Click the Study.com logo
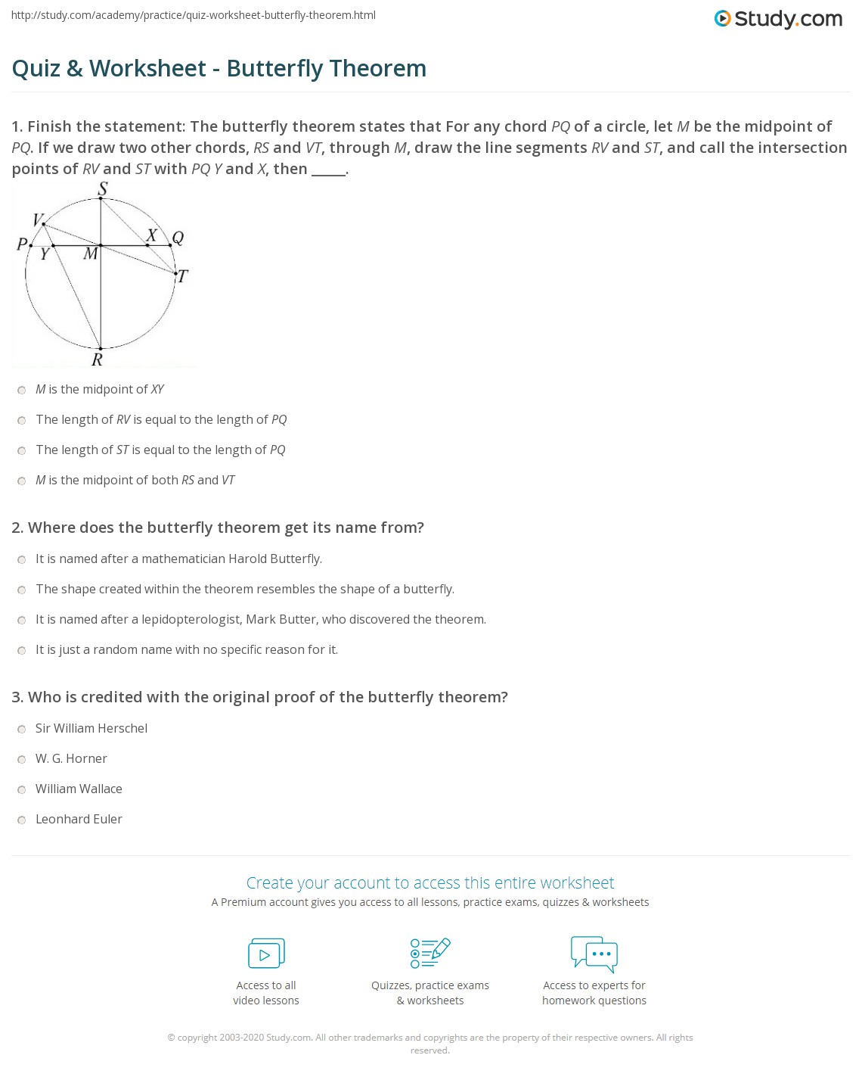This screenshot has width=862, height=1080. pyautogui.click(x=778, y=19)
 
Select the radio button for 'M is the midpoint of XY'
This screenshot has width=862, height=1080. pyautogui.click(x=22, y=391)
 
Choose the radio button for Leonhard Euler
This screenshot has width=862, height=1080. pyautogui.click(x=22, y=820)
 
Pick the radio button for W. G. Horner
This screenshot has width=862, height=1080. pyautogui.click(x=22, y=760)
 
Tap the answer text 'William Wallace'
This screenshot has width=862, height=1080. pyautogui.click(x=79, y=789)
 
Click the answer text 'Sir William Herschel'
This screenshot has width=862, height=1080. pyautogui.click(x=91, y=728)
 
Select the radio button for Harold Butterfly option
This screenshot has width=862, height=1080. pyautogui.click(x=22, y=560)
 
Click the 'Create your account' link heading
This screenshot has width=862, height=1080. pyautogui.click(x=429, y=882)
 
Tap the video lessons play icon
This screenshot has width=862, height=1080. pyautogui.click(x=266, y=954)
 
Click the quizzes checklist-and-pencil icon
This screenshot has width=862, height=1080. pyautogui.click(x=430, y=953)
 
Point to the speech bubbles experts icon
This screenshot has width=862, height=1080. pyautogui.click(x=594, y=954)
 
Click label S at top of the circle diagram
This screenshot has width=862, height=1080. pyautogui.click(x=103, y=188)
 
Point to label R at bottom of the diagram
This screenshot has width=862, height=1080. pyautogui.click(x=97, y=360)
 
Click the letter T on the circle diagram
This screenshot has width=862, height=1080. pyautogui.click(x=182, y=277)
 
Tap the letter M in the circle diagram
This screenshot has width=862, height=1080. pyautogui.click(x=91, y=254)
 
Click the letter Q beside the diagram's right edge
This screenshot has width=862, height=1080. pyautogui.click(x=178, y=238)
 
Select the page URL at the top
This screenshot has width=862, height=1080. pyautogui.click(x=194, y=15)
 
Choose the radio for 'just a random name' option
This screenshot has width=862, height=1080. pyautogui.click(x=22, y=651)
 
